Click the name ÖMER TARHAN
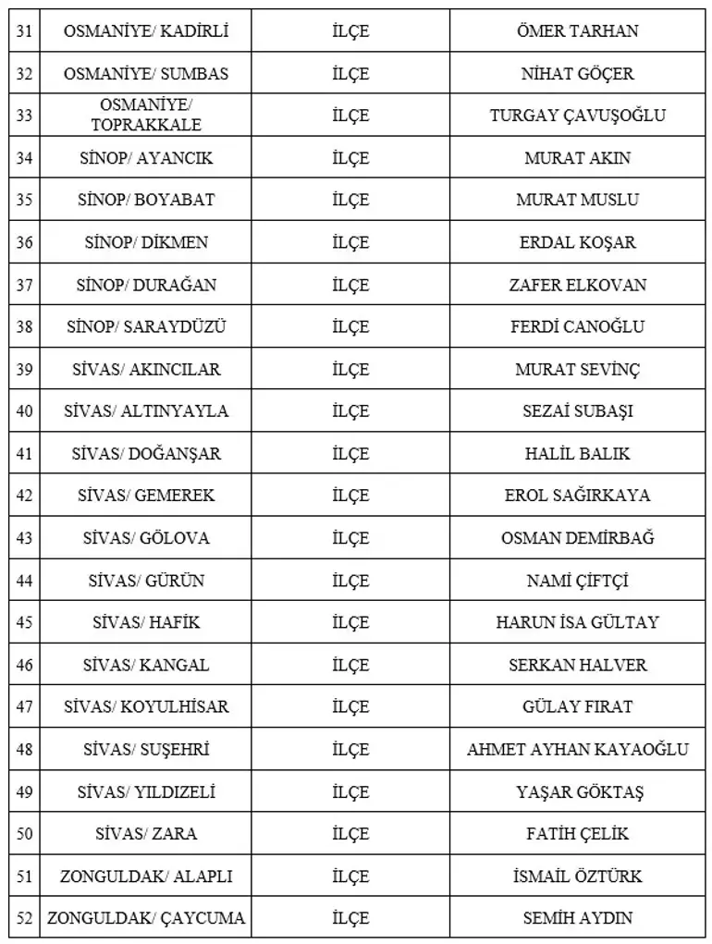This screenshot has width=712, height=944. click(x=577, y=31)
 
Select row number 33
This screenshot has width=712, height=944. click(x=24, y=116)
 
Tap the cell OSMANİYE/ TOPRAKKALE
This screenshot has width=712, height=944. click(x=146, y=116)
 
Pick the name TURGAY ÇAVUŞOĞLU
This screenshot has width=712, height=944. click(x=577, y=116)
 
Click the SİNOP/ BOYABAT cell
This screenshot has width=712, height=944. click(x=146, y=200)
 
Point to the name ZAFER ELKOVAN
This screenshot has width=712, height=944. click(x=577, y=285)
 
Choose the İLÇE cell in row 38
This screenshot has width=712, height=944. click(x=350, y=326)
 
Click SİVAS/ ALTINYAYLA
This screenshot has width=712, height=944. click(x=146, y=411)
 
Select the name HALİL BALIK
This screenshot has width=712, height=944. click(x=577, y=454)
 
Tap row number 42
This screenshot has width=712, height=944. click(x=24, y=496)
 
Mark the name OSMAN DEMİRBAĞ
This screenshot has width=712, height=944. click(x=577, y=538)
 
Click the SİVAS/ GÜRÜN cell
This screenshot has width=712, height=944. click(x=146, y=581)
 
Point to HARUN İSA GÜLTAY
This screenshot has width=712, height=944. click(x=577, y=622)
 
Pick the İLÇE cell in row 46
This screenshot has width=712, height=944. click(x=350, y=665)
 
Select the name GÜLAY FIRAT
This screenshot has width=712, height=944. click(x=577, y=707)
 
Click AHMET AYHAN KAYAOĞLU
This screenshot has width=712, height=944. click(x=577, y=749)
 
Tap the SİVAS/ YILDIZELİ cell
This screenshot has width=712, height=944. click(x=146, y=791)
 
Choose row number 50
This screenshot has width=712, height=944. click(x=24, y=834)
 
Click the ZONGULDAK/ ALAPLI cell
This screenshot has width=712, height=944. click(x=146, y=877)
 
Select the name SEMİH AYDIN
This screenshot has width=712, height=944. click(x=577, y=919)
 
